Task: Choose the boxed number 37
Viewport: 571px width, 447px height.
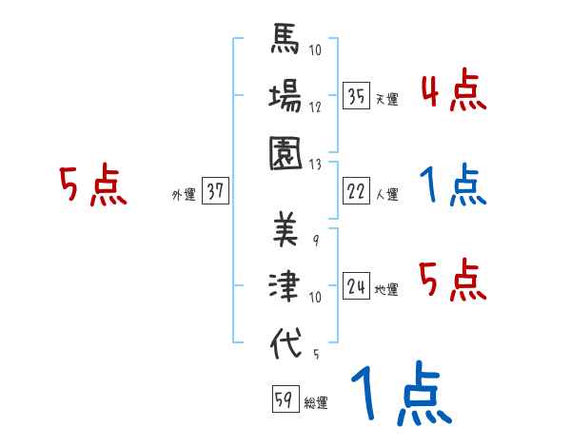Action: [215, 193]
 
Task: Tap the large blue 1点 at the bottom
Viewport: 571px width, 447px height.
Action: [399, 395]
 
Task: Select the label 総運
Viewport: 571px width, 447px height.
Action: [316, 403]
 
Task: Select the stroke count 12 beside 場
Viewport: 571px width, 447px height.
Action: [316, 107]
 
